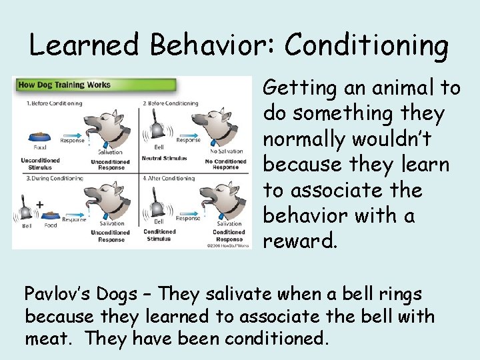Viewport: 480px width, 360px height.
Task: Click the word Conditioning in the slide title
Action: [367, 45]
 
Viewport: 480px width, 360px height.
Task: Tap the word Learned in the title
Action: [84, 45]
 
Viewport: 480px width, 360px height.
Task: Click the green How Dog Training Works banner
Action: [95, 85]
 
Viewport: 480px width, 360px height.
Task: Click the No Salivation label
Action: [226, 152]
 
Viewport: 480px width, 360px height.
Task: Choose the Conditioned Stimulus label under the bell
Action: [160, 235]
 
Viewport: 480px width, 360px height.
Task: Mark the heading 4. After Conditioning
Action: [169, 179]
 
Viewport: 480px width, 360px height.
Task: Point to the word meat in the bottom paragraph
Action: [49, 339]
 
